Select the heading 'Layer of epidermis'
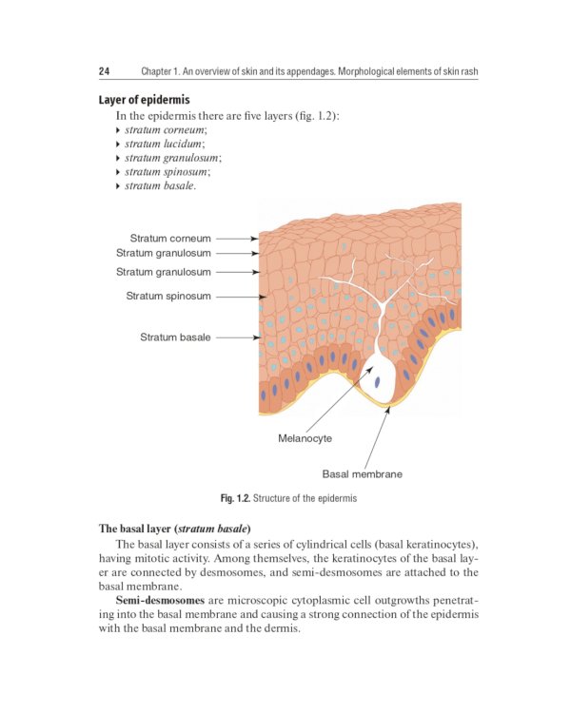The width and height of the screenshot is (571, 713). (144, 100)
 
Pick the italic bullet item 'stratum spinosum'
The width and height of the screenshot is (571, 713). (167, 172)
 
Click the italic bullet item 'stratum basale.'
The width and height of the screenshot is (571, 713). (160, 186)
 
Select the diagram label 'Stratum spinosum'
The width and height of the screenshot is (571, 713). (168, 296)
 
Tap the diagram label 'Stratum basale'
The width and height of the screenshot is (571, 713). (175, 337)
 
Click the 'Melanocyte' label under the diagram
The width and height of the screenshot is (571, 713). (305, 438)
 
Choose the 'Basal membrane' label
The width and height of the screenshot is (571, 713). (362, 473)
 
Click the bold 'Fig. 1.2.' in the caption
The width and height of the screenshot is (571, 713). (234, 498)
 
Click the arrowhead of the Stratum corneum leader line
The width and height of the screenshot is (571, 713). (254, 239)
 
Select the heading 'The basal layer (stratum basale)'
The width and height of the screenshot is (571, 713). (174, 528)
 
